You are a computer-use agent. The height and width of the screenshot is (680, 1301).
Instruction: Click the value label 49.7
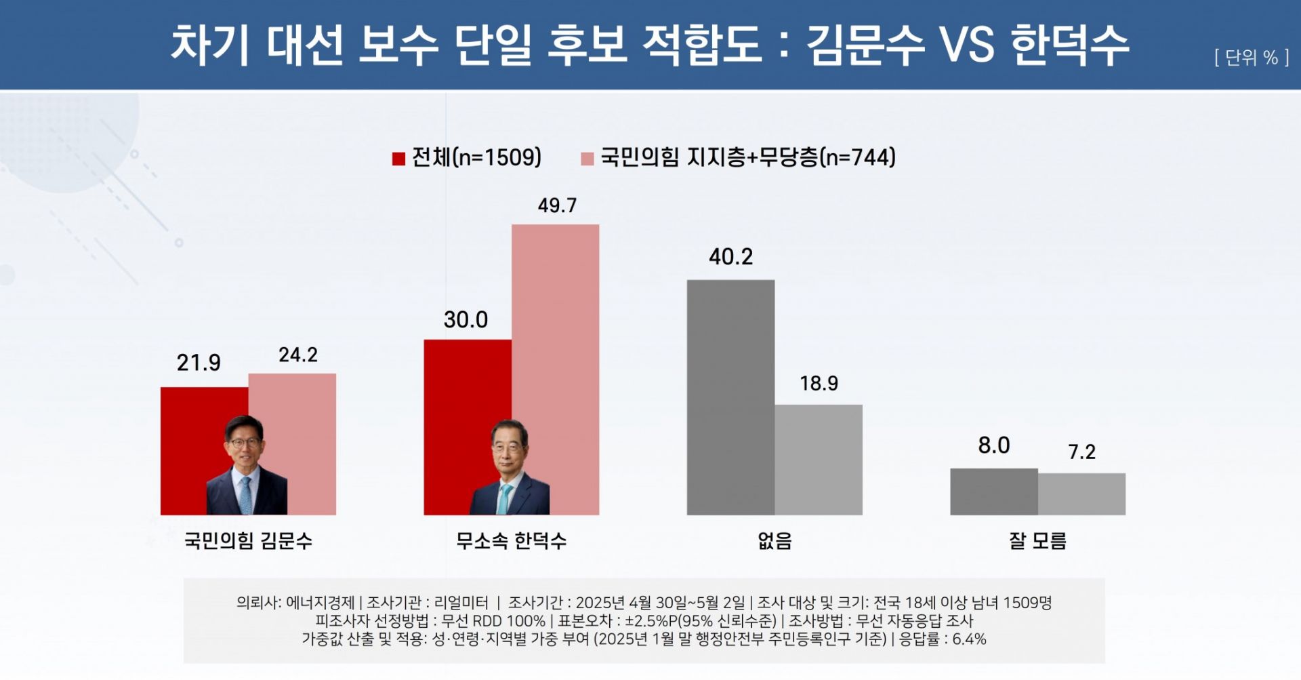click(x=557, y=205)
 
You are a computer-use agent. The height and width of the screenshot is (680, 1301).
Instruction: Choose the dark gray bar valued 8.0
click(x=993, y=492)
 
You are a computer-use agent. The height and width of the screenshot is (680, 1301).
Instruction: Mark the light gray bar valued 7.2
click(x=1081, y=494)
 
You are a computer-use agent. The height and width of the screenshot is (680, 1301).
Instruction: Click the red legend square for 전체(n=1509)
click(x=398, y=159)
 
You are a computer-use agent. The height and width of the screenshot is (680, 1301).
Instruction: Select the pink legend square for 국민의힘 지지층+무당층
click(x=587, y=159)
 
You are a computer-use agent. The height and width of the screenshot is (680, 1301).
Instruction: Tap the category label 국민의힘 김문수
click(x=248, y=540)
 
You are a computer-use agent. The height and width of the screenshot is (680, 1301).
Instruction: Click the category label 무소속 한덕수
click(x=511, y=540)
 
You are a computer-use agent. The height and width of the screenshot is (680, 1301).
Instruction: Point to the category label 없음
click(x=775, y=540)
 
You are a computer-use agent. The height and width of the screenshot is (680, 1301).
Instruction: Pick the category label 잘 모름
click(x=1037, y=540)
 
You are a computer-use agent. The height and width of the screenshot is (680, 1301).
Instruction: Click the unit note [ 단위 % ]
click(x=1251, y=58)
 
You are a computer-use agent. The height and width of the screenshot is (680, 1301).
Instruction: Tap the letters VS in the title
click(x=966, y=45)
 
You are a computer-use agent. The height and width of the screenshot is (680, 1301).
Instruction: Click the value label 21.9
click(x=199, y=363)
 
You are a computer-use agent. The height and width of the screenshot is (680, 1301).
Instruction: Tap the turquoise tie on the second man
click(x=504, y=498)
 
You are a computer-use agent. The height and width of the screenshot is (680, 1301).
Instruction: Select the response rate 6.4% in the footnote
click(x=969, y=639)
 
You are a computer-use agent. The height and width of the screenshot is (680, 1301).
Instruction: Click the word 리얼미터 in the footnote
click(x=461, y=602)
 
